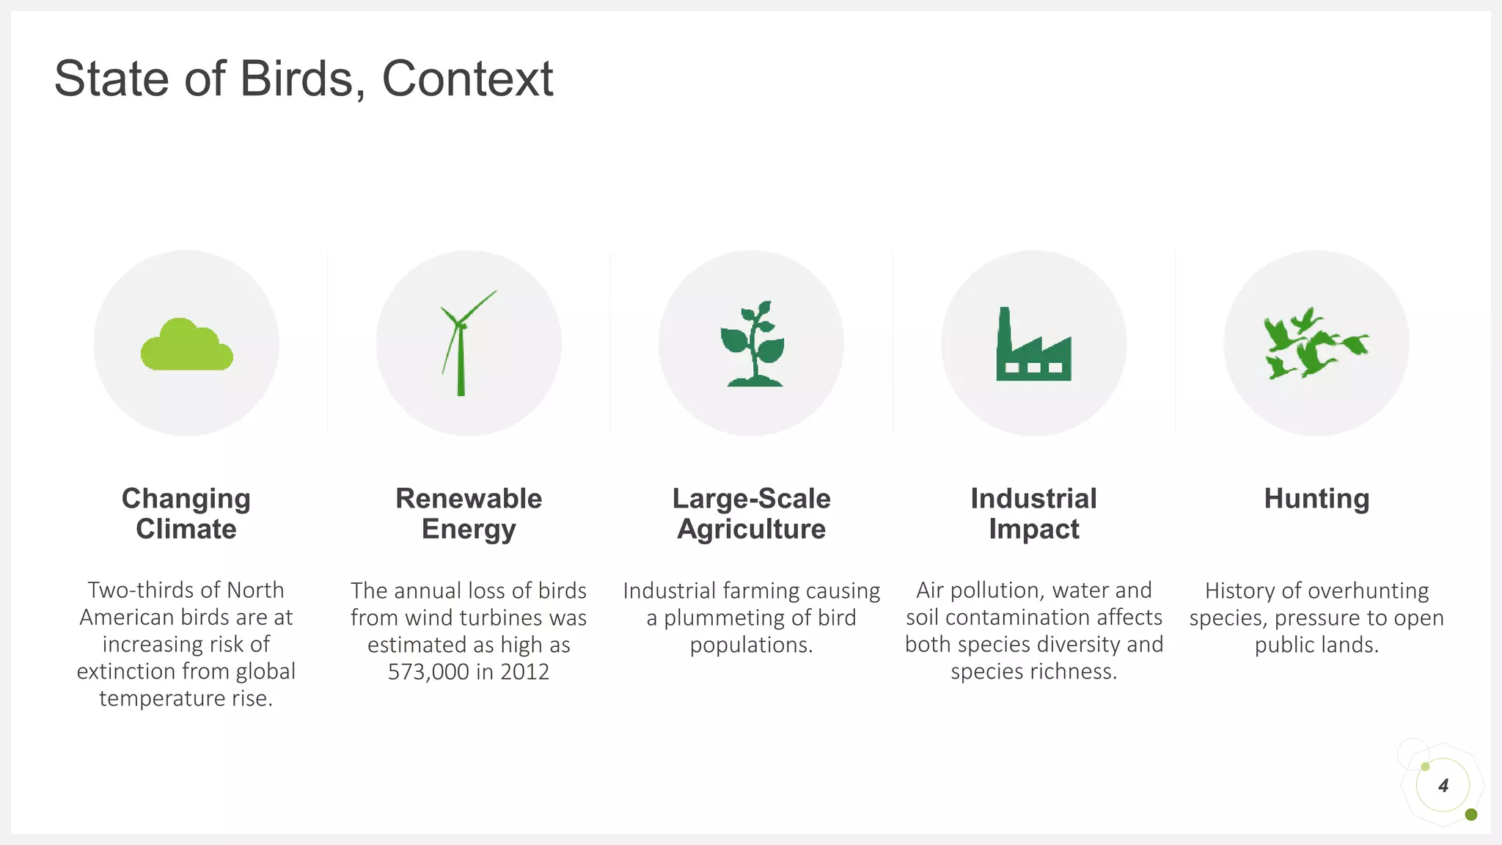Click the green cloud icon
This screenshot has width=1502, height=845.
(186, 345)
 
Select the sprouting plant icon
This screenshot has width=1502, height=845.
(753, 344)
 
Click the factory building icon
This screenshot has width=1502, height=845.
(1033, 345)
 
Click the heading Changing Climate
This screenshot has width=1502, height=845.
(186, 513)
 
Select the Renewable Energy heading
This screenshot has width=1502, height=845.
(469, 513)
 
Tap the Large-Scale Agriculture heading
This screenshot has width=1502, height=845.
(751, 513)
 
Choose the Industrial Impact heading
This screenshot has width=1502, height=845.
(1033, 513)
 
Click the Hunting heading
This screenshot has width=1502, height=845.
(1316, 499)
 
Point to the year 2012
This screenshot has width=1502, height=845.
(524, 672)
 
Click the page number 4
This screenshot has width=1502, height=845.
(1443, 786)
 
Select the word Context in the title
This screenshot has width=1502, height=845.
(467, 78)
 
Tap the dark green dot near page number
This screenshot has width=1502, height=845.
(1470, 815)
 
